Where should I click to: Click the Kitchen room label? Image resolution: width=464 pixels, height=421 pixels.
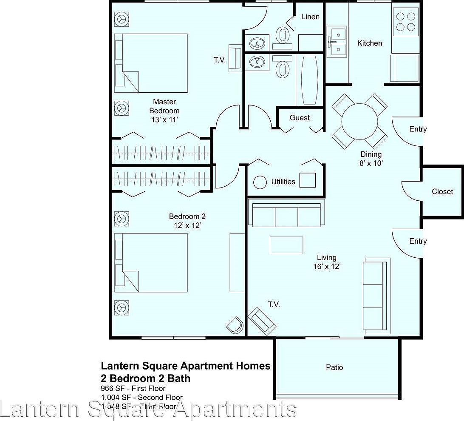click(x=369, y=43)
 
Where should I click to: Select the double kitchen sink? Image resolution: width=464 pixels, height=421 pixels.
click(x=337, y=43)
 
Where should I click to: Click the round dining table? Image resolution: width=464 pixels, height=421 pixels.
click(x=359, y=122)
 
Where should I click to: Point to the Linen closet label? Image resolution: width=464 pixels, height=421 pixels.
click(x=310, y=17)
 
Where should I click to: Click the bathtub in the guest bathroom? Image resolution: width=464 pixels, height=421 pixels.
click(x=309, y=80)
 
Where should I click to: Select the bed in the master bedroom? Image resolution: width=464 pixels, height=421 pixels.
click(x=151, y=63)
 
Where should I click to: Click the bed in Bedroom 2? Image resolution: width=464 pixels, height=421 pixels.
click(x=151, y=262)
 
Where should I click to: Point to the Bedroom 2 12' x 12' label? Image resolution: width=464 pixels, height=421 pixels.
click(x=187, y=221)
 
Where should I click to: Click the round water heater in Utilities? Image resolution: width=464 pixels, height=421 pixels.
click(x=260, y=182)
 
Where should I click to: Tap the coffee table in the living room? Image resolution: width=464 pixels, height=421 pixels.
click(x=286, y=245)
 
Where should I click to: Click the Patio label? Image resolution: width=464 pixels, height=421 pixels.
click(x=334, y=367)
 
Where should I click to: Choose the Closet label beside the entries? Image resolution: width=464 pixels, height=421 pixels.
click(x=442, y=191)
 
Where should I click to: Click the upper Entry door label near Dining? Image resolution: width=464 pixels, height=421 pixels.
click(x=418, y=129)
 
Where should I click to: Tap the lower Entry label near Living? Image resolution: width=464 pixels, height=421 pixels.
click(x=418, y=241)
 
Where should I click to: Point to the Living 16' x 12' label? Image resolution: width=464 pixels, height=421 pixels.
click(x=326, y=262)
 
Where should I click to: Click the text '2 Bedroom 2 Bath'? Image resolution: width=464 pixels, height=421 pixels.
click(x=145, y=378)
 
